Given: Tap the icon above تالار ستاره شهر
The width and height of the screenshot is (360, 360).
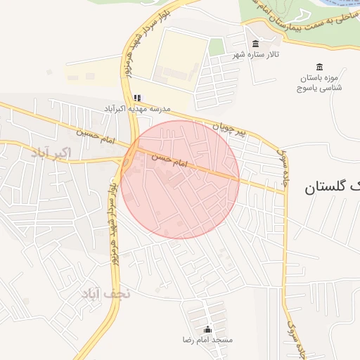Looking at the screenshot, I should (255, 44).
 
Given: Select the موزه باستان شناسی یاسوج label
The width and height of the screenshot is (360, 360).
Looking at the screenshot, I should (320, 83).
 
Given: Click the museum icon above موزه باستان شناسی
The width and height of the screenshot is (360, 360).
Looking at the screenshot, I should (320, 67).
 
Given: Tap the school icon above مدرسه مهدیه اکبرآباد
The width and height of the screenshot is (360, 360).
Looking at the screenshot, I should (137, 98).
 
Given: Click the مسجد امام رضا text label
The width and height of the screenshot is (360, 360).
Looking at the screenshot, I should (207, 340).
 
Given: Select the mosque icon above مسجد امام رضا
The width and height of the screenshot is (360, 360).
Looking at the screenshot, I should (207, 330).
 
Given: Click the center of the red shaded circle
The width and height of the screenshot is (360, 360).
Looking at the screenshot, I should (180, 179).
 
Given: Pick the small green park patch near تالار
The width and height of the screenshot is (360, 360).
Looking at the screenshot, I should (217, 47).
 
